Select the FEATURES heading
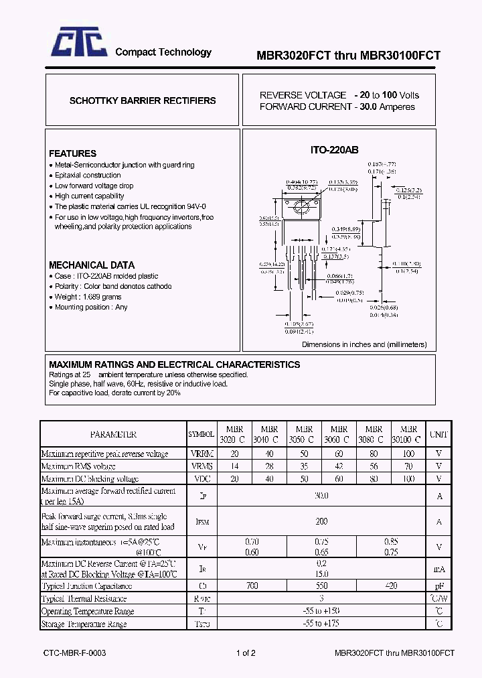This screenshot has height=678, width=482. [72, 153]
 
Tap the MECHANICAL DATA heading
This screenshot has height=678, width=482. [92, 265]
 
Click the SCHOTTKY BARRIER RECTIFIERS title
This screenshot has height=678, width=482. [143, 100]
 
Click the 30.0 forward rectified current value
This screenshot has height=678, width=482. [321, 496]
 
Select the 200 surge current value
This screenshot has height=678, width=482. [321, 521]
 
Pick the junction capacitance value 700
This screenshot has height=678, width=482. [252, 586]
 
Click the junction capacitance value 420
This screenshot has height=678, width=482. [391, 586]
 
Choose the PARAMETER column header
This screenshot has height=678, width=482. [113, 434]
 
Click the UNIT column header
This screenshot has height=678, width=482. [439, 434]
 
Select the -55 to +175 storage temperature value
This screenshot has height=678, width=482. [321, 624]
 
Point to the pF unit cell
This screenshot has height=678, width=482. [439, 586]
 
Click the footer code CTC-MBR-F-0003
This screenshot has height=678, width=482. [74, 653]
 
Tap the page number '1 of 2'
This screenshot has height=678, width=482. [246, 653]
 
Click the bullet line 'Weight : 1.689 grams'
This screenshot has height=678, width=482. [88, 297]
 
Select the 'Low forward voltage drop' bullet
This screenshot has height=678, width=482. [94, 186]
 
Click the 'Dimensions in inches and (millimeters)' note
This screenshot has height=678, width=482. [364, 344]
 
